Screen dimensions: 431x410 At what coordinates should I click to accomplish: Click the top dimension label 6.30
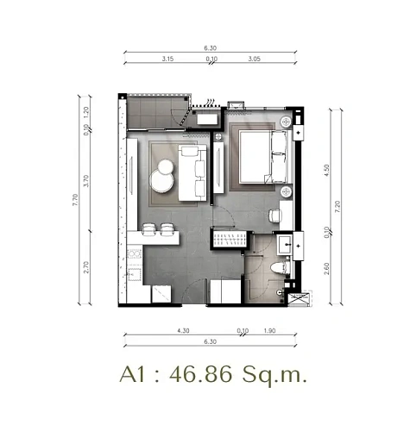coord(210,49)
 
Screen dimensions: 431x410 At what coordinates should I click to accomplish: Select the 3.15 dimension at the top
coord(167,60)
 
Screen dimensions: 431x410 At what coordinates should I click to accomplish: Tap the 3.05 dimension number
coord(254,60)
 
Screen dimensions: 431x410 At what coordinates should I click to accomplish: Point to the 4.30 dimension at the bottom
coord(183,330)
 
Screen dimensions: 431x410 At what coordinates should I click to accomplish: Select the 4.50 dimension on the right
coord(327,171)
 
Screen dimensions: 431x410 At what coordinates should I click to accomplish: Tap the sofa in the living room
coord(193,173)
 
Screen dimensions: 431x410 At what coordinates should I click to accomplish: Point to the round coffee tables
coord(161,181)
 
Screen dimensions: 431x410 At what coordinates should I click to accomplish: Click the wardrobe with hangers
coord(229,239)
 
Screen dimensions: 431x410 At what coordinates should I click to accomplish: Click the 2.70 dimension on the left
coord(86,268)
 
